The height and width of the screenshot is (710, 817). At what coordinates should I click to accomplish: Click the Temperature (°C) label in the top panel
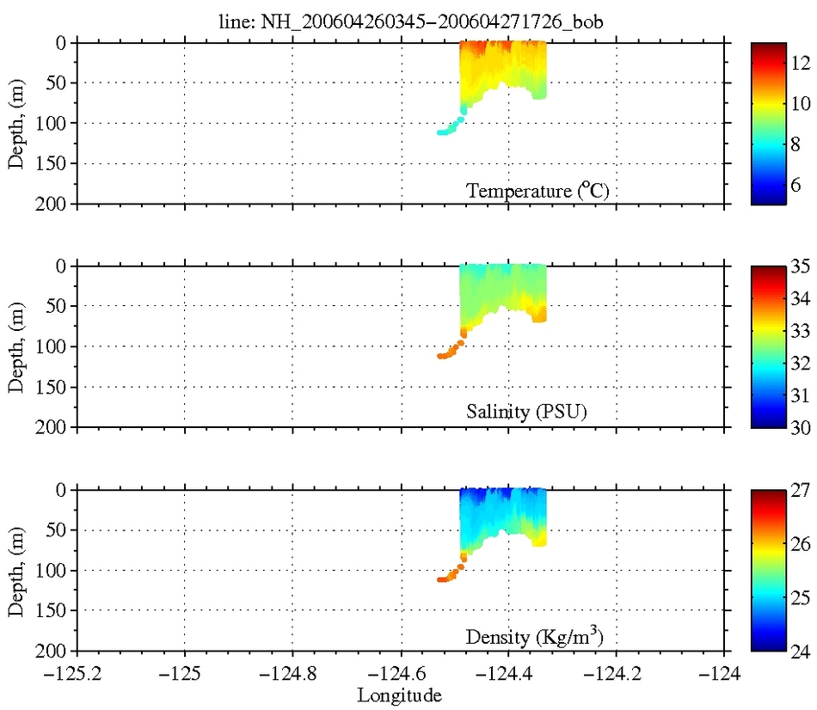[537, 191]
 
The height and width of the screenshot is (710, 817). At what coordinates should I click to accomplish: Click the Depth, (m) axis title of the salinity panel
[16, 346]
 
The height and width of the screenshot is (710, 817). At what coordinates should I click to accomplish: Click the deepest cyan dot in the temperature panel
[440, 132]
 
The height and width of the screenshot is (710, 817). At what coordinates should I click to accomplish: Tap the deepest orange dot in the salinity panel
[440, 356]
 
